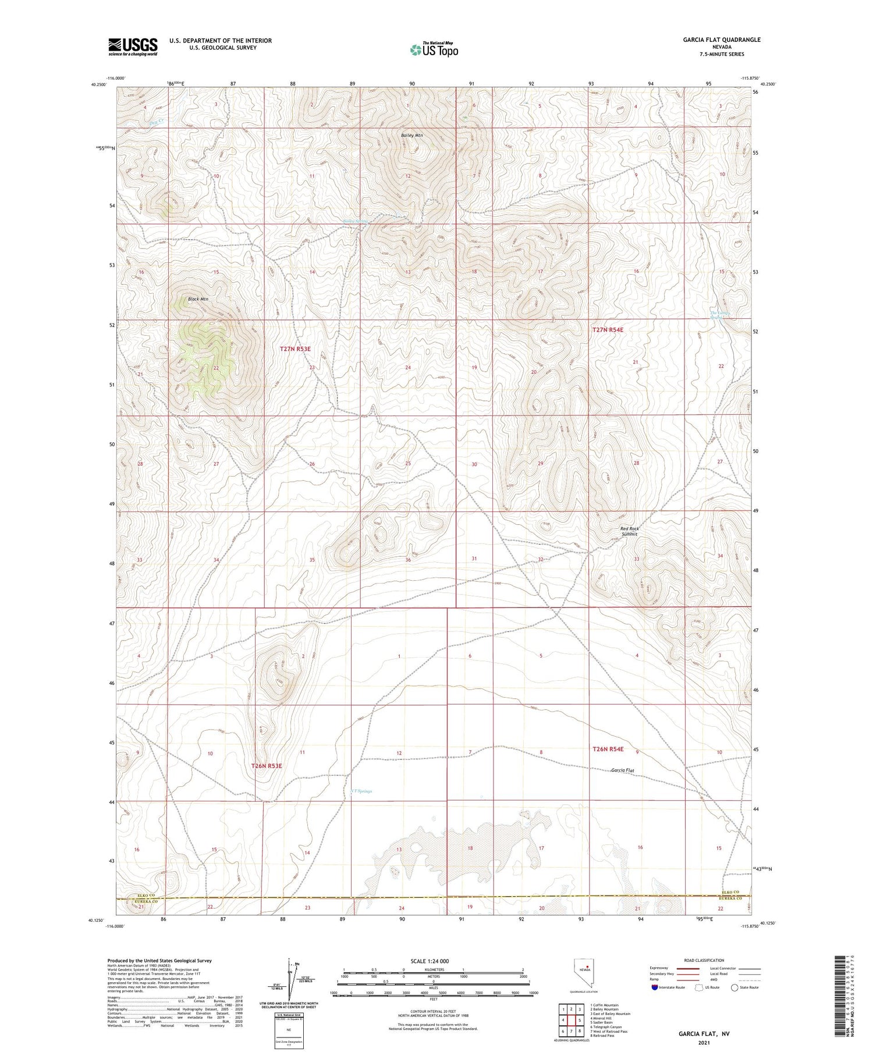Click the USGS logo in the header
133,47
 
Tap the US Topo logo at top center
434,50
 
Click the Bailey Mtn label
411,135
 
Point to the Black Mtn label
198,299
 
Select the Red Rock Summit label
629,531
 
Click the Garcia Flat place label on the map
622,770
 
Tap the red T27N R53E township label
295,349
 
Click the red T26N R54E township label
608,749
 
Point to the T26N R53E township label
267,766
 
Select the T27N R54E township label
608,330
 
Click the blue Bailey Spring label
356,221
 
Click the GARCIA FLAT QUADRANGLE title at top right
722,40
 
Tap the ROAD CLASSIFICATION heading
704,960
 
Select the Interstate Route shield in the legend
655,987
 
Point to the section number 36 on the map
408,560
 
